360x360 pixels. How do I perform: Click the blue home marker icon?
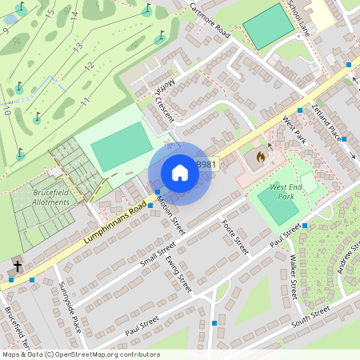(180, 173)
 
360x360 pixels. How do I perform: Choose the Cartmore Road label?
(210, 20)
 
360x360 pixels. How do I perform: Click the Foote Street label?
(235, 237)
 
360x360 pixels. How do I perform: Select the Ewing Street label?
(180, 272)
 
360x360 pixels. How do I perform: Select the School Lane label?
(298, 18)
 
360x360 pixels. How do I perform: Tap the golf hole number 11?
(83, 100)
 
